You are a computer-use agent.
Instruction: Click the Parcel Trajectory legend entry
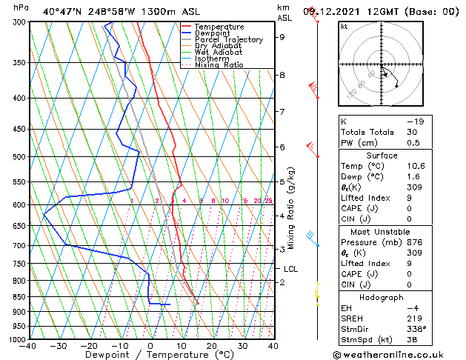[228, 40]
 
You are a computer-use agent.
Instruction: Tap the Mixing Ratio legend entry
[219, 65]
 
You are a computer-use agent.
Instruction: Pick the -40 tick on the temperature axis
[28, 346]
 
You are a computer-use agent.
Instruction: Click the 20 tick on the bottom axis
[212, 346]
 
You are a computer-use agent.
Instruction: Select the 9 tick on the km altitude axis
[282, 37]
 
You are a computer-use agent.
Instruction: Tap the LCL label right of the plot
[290, 269]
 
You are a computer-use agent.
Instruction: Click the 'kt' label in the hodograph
[344, 27]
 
